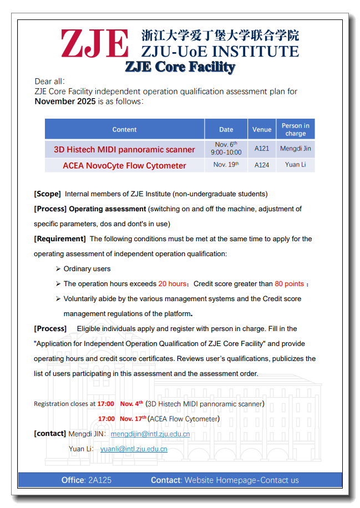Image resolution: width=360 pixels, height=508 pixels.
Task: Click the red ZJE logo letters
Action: coord(95,43)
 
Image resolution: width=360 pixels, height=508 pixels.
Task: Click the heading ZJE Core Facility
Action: coord(180,67)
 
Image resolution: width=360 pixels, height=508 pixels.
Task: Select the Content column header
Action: coord(124,129)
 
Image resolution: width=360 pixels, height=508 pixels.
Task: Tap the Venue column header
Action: coord(262,129)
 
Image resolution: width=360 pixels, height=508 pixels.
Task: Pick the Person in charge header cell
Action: coord(296,129)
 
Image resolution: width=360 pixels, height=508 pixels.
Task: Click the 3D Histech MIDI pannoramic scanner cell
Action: coord(124,149)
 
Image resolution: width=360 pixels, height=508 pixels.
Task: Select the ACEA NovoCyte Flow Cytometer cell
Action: coord(124,165)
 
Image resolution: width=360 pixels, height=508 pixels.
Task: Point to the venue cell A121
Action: coord(262,149)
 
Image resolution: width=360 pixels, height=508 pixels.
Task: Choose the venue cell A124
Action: coord(262,165)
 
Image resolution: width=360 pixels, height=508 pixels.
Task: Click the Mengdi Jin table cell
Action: coord(296,149)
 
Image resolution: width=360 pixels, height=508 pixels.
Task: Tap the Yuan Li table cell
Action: coord(296,165)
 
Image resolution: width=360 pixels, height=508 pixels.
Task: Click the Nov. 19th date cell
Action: coord(226,165)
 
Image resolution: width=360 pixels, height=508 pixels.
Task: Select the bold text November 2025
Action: coord(65,101)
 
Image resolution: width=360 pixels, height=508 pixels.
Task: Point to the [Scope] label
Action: coord(47,194)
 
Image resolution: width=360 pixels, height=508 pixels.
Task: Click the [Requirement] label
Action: coord(60,239)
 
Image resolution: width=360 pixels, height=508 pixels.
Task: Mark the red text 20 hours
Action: coord(172,284)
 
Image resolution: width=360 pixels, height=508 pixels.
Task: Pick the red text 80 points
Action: coord(290,284)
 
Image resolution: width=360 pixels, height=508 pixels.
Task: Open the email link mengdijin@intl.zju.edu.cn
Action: coord(150,434)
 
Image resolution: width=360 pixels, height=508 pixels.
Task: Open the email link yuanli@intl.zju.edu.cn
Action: coord(134,449)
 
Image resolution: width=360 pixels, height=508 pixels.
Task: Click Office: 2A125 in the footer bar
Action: coord(87,480)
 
